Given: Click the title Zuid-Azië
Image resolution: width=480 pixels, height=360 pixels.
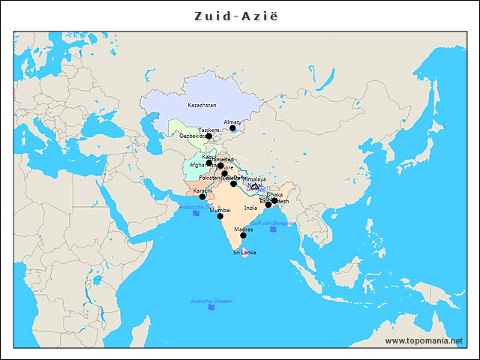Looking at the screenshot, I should (x=240, y=15).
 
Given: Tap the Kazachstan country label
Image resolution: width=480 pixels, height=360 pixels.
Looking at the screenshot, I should (x=202, y=106).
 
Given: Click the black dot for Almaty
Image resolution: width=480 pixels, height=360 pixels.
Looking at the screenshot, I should (x=232, y=128).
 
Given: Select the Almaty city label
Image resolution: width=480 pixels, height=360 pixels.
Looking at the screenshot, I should (x=232, y=121).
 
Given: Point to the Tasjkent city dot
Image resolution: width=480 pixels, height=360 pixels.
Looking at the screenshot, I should (x=209, y=136).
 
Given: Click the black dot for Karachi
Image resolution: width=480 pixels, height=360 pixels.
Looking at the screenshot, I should (x=202, y=196).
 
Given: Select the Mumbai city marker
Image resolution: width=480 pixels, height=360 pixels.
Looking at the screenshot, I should (x=220, y=217).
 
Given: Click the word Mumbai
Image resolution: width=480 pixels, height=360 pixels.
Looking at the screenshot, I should (x=220, y=211).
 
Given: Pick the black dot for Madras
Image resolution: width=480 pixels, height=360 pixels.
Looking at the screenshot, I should (x=243, y=235).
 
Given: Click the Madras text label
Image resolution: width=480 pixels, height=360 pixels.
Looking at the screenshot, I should (x=243, y=229).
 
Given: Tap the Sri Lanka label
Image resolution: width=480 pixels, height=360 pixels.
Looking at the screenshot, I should (x=244, y=253).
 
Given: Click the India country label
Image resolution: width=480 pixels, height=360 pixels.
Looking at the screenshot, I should (x=250, y=208).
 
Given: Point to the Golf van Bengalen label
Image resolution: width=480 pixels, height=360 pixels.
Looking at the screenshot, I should (x=273, y=223).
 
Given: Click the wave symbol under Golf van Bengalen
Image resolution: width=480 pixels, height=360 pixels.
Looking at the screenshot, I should (x=273, y=229).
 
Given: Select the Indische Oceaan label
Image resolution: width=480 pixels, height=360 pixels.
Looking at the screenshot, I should (x=211, y=301).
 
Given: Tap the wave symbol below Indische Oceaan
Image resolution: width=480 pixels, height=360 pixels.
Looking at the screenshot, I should (x=211, y=307).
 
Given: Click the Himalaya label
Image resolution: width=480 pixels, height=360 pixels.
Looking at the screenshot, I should (x=255, y=179).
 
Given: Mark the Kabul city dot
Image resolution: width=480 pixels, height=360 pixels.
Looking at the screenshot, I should (x=209, y=163).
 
